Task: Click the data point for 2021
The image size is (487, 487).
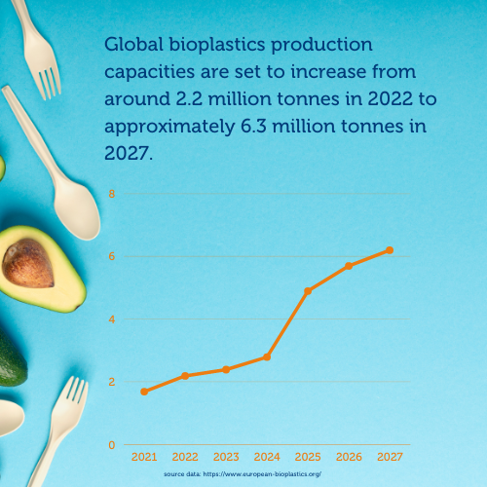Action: [x=144, y=392]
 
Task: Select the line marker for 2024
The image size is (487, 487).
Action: [x=267, y=357]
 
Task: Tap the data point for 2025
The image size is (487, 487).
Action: [x=308, y=291]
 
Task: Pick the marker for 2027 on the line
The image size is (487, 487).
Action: [x=390, y=250]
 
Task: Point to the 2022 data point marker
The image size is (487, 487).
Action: [x=185, y=376]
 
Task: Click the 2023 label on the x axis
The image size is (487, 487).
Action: [x=226, y=457]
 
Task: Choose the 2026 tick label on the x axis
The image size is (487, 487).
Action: [x=349, y=457]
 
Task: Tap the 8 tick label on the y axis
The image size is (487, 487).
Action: [x=112, y=194]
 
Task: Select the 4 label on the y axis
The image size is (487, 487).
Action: [x=112, y=319]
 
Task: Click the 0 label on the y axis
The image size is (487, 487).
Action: [x=112, y=445]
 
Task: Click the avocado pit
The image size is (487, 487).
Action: [x=28, y=263]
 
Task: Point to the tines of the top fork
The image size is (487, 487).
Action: [x=49, y=81]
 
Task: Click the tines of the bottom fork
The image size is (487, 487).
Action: [x=75, y=390]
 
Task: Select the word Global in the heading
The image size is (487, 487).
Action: [x=133, y=44]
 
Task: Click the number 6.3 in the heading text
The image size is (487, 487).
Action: [x=253, y=127]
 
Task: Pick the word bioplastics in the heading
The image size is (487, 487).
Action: [x=217, y=45]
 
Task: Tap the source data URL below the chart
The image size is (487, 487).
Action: [x=262, y=474]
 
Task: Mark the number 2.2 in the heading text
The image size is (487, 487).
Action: [x=189, y=98]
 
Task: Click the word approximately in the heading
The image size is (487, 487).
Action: [x=169, y=128]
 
